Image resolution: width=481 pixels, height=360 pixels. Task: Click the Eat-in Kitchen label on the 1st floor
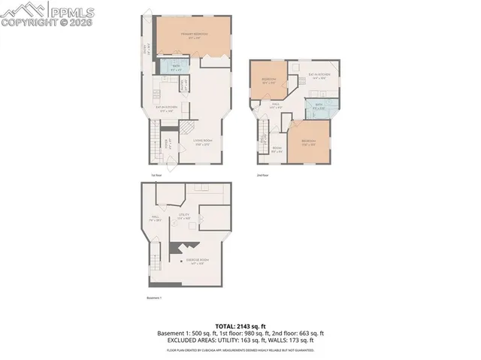point(165,108)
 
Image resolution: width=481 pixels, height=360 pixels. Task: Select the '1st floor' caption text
point(156,175)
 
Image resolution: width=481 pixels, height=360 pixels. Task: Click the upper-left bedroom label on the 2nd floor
point(268,80)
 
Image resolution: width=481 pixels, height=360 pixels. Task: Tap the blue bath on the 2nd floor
point(319,107)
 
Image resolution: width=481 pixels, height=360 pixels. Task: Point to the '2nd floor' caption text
point(262,175)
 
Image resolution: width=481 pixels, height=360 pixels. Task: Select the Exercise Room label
point(199,262)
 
